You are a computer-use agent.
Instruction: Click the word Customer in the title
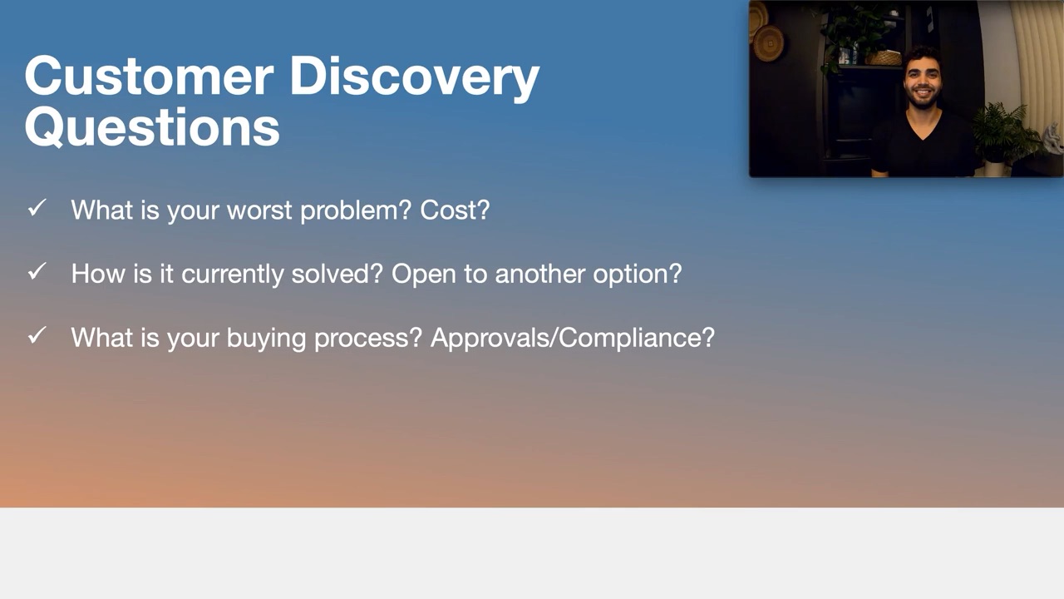pyautogui.click(x=149, y=76)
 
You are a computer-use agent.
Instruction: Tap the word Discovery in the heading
pyautogui.click(x=414, y=78)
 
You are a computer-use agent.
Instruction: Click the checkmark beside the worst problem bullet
pyautogui.click(x=37, y=207)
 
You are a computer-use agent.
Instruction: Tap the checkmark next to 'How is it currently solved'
pyautogui.click(x=37, y=271)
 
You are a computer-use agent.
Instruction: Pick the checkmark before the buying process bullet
pyautogui.click(x=37, y=335)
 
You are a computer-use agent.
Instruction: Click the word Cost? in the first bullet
pyautogui.click(x=455, y=210)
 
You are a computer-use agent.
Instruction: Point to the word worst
pyautogui.click(x=259, y=210)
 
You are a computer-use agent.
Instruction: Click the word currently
pyautogui.click(x=232, y=275)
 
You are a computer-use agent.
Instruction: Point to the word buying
pyautogui.click(x=266, y=338)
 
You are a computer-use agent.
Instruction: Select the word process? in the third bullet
pyautogui.click(x=368, y=338)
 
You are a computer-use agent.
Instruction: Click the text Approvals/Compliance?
pyautogui.click(x=573, y=338)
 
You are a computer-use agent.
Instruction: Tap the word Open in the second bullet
pyautogui.click(x=424, y=275)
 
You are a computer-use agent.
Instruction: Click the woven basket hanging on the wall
pyautogui.click(x=768, y=44)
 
